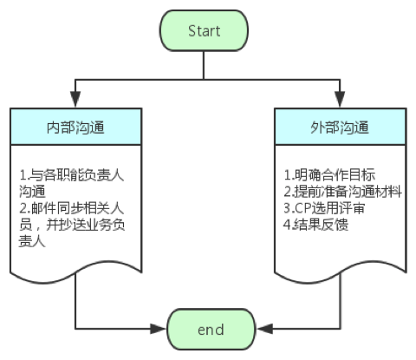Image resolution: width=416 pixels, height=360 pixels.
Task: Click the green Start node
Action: click(x=204, y=30)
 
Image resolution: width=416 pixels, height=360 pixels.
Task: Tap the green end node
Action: click(x=211, y=329)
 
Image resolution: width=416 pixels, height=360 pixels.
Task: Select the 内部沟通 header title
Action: click(x=75, y=128)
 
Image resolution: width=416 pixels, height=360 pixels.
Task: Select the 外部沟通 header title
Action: click(x=340, y=128)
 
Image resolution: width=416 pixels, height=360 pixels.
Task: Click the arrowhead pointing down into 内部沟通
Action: click(x=75, y=99)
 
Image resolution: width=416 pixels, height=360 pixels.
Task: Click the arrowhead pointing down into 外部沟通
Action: click(x=340, y=99)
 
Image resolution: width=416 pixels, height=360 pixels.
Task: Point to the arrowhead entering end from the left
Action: click(x=158, y=329)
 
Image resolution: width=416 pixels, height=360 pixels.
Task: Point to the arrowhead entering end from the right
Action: click(x=264, y=329)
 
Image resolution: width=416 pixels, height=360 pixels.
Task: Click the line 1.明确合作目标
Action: click(x=329, y=174)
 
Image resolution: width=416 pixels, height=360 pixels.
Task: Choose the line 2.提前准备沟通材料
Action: click(x=342, y=192)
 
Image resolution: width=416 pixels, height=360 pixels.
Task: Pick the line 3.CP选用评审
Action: click(x=324, y=208)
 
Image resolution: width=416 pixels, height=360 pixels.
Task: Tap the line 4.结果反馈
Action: click(x=316, y=225)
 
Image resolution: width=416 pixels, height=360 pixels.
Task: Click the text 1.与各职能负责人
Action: click(x=72, y=175)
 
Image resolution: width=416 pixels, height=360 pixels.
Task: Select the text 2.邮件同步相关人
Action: click(x=72, y=208)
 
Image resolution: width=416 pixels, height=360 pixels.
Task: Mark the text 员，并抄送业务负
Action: click(x=72, y=225)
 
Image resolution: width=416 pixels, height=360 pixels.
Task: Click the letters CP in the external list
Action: click(x=302, y=208)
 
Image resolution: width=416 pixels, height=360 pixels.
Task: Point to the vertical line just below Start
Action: click(x=204, y=65)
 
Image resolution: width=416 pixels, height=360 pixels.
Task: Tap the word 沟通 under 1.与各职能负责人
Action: click(x=32, y=192)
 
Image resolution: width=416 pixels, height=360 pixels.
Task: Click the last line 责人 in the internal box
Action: click(x=32, y=241)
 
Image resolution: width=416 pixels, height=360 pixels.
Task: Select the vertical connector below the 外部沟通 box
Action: click(x=340, y=301)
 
